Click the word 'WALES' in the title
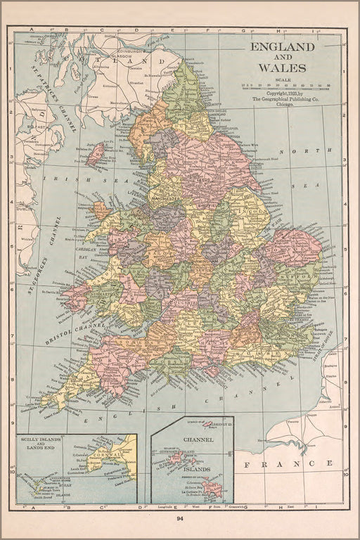click(x=281, y=68)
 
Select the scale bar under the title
click(x=285, y=86)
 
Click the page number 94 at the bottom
click(x=180, y=518)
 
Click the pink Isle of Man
click(x=94, y=154)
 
